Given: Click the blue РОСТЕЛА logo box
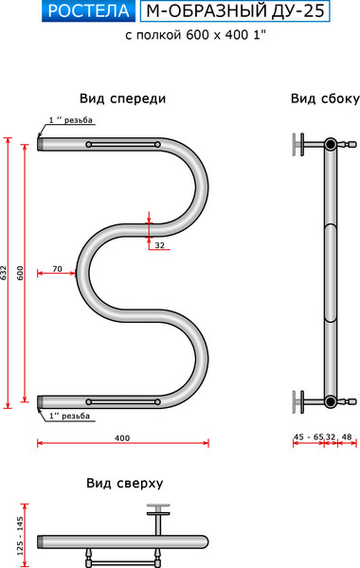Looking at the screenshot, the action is coord(90,11).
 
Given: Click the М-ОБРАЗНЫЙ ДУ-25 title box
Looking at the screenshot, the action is coord(235,11).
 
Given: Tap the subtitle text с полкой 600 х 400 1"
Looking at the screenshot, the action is coord(196,35).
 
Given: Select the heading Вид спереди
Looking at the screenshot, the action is coord(122,98).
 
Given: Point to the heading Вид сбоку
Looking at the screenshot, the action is coord(325,98).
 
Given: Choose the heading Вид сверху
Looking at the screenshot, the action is coord(125,483).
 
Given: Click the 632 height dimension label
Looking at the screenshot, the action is coord(4,273).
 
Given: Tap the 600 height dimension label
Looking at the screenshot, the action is coord(20,273).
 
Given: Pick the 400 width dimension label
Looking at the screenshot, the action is coord(122,438).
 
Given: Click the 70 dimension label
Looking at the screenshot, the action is coord(57,269).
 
